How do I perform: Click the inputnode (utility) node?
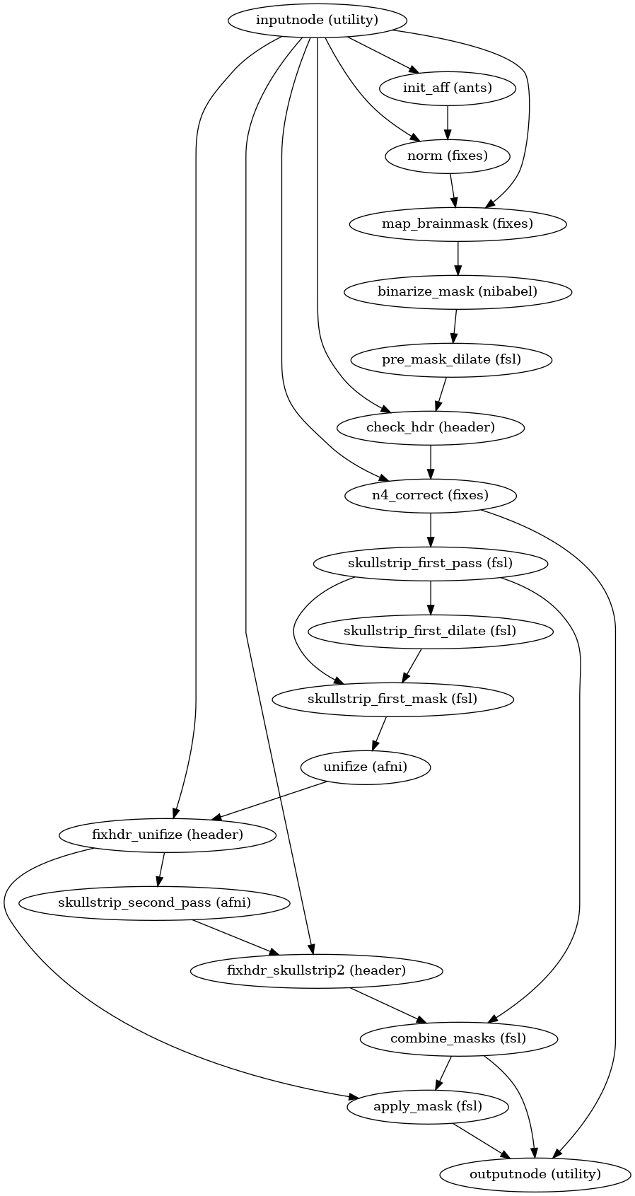click(x=317, y=20)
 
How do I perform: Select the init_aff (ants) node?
click(x=447, y=88)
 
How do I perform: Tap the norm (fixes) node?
click(x=447, y=156)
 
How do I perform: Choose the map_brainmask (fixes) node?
click(x=458, y=223)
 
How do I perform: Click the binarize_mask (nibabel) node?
click(x=457, y=291)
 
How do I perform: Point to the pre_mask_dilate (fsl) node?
click(x=451, y=359)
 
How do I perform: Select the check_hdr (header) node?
click(x=431, y=427)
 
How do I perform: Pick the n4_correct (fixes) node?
click(x=431, y=495)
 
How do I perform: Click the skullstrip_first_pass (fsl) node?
click(x=431, y=563)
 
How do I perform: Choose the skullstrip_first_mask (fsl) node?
click(x=392, y=699)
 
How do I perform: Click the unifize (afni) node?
click(x=366, y=767)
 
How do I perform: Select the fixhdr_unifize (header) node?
click(x=168, y=835)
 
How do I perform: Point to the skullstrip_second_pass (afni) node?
click(x=154, y=902)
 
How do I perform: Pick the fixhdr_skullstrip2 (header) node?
click(x=316, y=970)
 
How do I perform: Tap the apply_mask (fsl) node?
click(x=428, y=1106)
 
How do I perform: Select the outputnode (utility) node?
click(x=535, y=1174)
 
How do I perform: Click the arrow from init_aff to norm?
click(x=447, y=122)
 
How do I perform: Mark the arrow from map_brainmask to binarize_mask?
click(x=458, y=257)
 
